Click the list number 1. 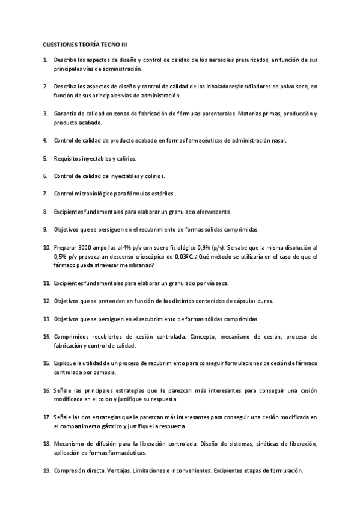point(45,61)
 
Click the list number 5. point(45,158)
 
